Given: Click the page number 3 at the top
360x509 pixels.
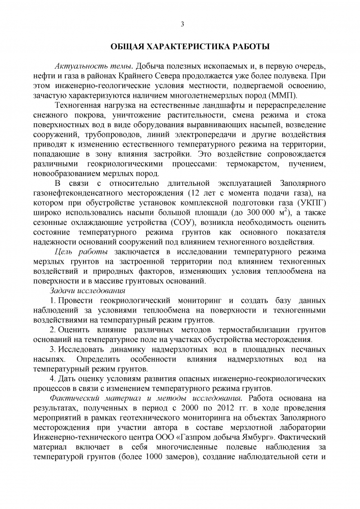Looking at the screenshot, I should [x=182, y=24].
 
